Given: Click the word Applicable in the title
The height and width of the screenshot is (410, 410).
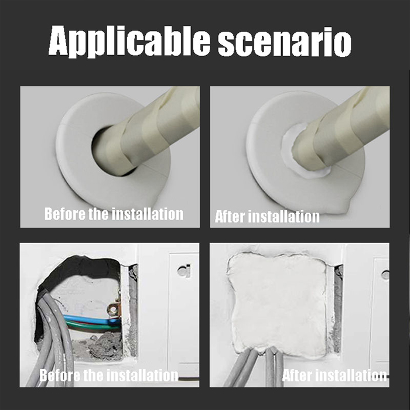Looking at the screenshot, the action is tap(129, 41).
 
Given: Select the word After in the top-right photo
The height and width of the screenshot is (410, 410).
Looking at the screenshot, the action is tap(230, 217).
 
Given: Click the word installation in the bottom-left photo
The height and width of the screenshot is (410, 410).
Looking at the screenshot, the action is tap(143, 375).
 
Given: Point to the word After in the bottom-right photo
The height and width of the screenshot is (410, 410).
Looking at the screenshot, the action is tap(296, 375).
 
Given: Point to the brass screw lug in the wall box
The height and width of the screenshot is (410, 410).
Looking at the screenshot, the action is tap(113, 309).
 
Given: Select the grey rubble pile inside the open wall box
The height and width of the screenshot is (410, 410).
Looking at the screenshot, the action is tap(103, 345).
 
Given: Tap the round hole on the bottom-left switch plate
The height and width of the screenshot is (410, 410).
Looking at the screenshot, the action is tap(183, 271).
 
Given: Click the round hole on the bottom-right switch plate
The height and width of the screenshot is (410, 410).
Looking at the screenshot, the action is tap(385, 274).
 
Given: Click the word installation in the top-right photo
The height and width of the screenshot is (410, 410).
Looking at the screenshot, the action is tap(283, 217).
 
